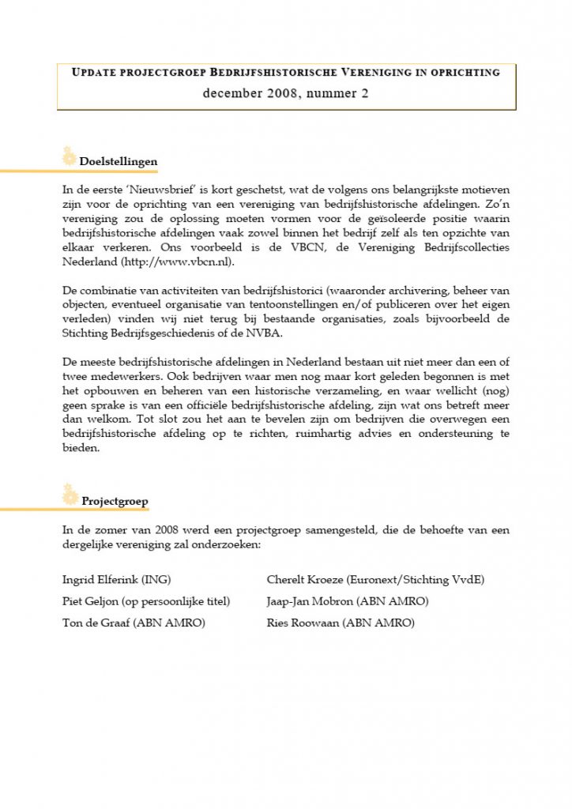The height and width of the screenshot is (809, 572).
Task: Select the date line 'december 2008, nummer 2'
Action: click(x=285, y=92)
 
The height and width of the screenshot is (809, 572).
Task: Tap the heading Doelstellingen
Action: click(x=119, y=162)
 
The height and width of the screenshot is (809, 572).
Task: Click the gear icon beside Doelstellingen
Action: click(x=69, y=157)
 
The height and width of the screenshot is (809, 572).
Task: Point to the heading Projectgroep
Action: click(x=115, y=501)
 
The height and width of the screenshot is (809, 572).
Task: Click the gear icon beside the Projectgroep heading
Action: click(x=70, y=495)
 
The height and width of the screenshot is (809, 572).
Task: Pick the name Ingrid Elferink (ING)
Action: click(x=116, y=579)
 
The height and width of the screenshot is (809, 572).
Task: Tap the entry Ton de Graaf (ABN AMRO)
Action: click(x=134, y=623)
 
